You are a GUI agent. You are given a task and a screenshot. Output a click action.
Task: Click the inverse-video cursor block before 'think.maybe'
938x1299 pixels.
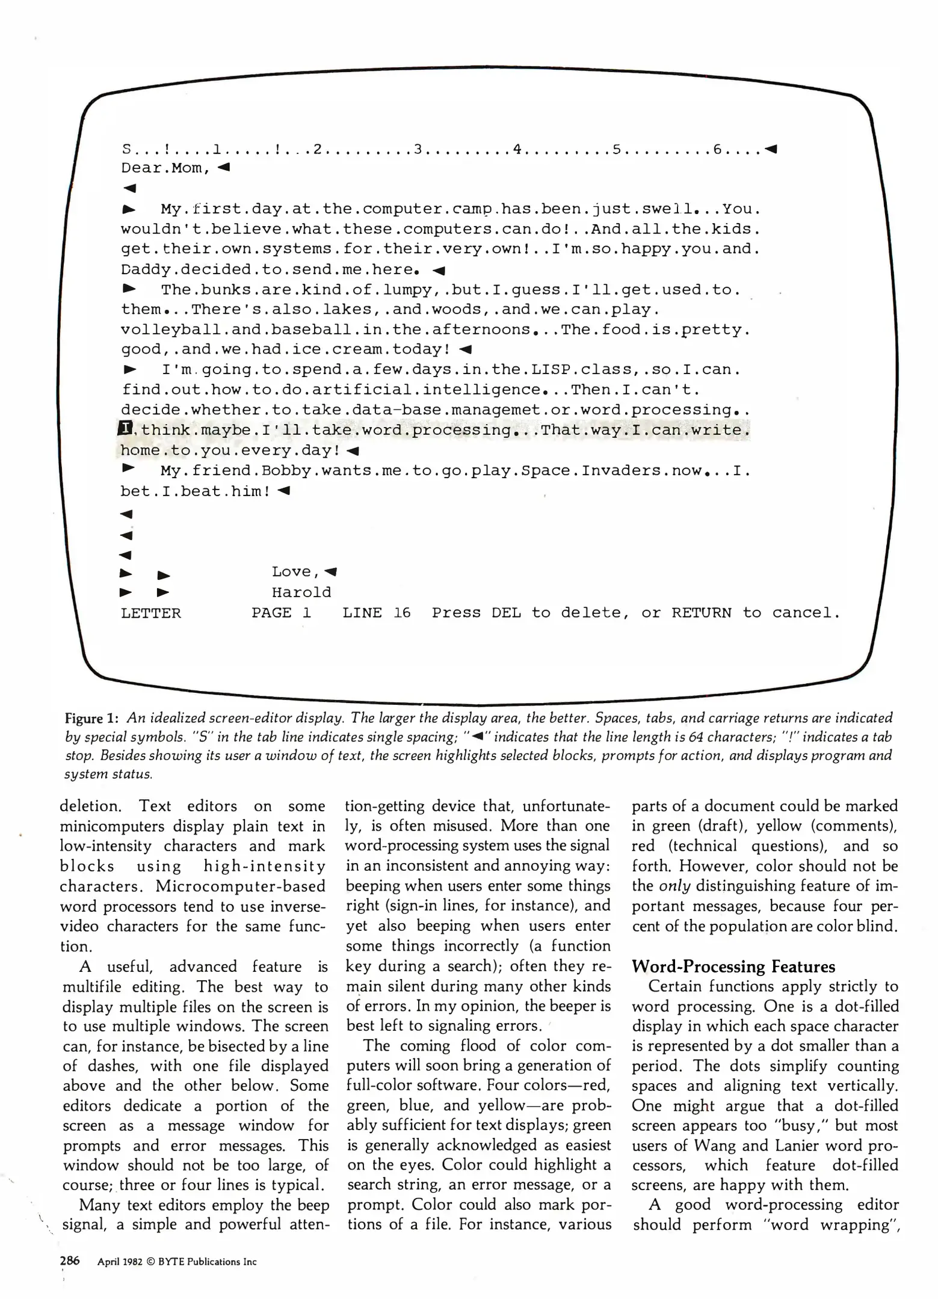[x=126, y=429]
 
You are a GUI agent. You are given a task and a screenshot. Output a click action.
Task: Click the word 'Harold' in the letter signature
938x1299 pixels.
[x=301, y=592]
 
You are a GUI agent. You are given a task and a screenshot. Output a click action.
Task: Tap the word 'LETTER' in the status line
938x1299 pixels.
[x=151, y=613]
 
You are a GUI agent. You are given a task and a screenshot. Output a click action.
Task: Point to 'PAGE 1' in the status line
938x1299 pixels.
[x=282, y=613]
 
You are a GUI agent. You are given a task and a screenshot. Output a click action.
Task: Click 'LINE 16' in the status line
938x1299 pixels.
[x=377, y=613]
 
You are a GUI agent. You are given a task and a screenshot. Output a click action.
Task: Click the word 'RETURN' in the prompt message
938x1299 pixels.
[x=702, y=613]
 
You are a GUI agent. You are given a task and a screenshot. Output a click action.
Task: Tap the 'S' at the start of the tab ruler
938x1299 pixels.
[x=126, y=149]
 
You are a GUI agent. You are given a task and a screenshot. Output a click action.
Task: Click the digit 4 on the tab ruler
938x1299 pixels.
[x=517, y=149]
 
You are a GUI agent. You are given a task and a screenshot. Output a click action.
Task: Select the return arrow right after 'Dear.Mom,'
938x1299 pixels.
[x=224, y=167]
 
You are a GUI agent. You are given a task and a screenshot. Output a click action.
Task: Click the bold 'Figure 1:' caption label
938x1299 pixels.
[x=91, y=718]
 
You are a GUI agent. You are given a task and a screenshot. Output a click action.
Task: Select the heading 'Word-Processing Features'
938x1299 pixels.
[x=733, y=966]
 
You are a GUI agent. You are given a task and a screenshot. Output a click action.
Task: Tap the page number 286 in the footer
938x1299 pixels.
[x=69, y=1261]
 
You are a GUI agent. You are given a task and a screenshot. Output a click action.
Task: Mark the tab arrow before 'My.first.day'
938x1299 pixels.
[x=129, y=209]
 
